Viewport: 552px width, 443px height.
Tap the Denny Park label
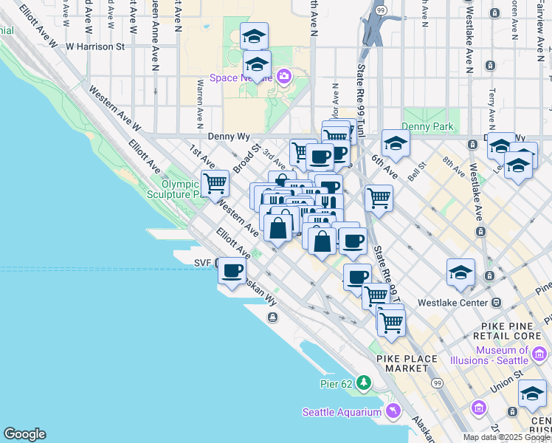[427, 127]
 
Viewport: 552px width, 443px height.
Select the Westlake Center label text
[452, 303]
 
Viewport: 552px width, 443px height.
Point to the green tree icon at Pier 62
[364, 382]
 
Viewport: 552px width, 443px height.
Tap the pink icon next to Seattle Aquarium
[393, 411]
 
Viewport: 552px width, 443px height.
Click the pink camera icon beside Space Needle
[285, 77]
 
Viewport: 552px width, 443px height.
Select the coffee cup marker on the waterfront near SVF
[233, 271]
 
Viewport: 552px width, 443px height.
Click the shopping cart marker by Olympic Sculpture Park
[215, 182]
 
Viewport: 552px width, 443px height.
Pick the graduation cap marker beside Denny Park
[396, 143]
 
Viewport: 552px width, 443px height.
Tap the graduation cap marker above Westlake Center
[460, 272]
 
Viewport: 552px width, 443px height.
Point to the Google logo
[24, 434]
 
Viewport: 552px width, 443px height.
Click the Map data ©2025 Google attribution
[506, 437]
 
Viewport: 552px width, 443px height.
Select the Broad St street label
[245, 159]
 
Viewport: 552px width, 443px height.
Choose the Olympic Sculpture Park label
[182, 190]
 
